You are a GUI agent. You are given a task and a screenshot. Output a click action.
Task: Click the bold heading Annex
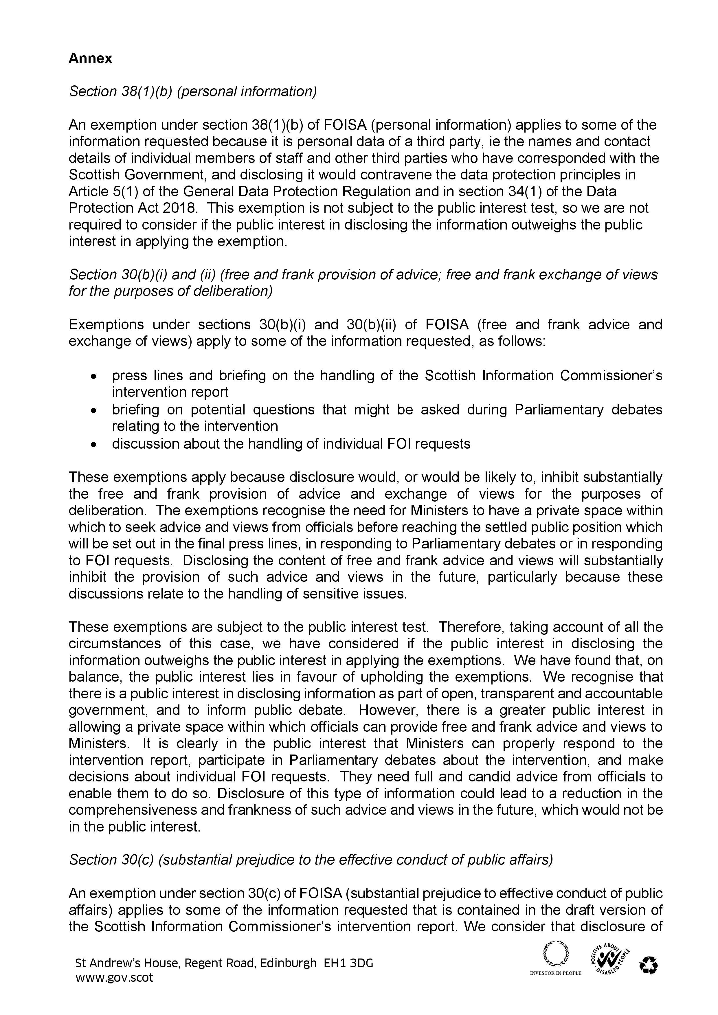click(90, 58)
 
